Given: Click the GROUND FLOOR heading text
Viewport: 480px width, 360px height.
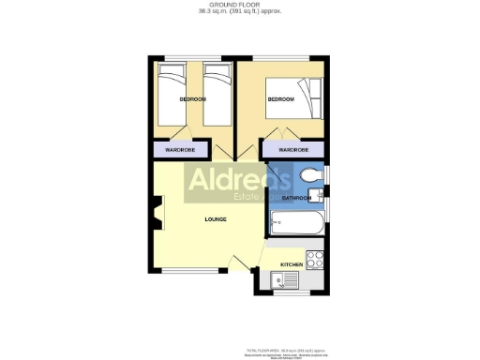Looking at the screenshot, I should click(x=240, y=5).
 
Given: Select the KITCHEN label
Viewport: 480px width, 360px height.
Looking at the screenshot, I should click(x=291, y=265).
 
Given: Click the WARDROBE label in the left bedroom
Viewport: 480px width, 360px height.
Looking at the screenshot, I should click(x=180, y=149).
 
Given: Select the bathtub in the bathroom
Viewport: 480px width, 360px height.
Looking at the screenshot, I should click(x=294, y=223).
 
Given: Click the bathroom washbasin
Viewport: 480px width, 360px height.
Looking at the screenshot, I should click(x=320, y=195).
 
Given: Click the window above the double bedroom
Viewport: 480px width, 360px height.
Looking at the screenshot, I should click(x=282, y=59).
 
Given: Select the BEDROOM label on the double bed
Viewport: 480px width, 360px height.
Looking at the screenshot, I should click(x=281, y=99).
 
